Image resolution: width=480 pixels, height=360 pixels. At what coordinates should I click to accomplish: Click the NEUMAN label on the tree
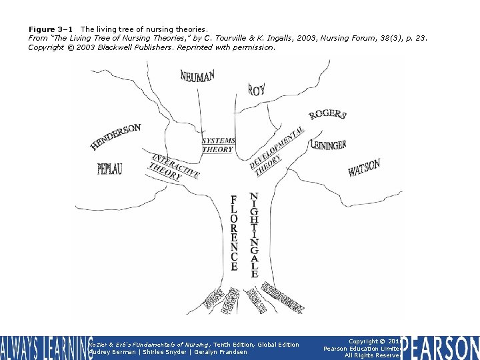(197, 75)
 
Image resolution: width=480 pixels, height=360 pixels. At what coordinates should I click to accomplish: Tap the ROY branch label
(257, 89)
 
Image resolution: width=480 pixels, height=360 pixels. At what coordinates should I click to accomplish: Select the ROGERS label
(327, 115)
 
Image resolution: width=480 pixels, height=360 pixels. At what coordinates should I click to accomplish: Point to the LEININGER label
(328, 145)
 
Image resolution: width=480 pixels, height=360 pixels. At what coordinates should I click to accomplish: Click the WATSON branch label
(364, 168)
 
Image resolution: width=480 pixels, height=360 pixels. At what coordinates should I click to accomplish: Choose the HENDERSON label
(115, 136)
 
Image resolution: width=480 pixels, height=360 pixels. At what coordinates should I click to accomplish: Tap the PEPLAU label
(110, 169)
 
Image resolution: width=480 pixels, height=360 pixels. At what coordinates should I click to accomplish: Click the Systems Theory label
(218, 145)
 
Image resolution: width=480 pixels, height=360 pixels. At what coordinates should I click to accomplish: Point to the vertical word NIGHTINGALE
(254, 235)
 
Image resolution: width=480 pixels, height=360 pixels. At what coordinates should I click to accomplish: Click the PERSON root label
(231, 301)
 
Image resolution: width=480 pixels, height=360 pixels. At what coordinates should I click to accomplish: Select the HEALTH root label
(256, 300)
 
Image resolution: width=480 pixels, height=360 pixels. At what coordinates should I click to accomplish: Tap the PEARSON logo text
(441, 348)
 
